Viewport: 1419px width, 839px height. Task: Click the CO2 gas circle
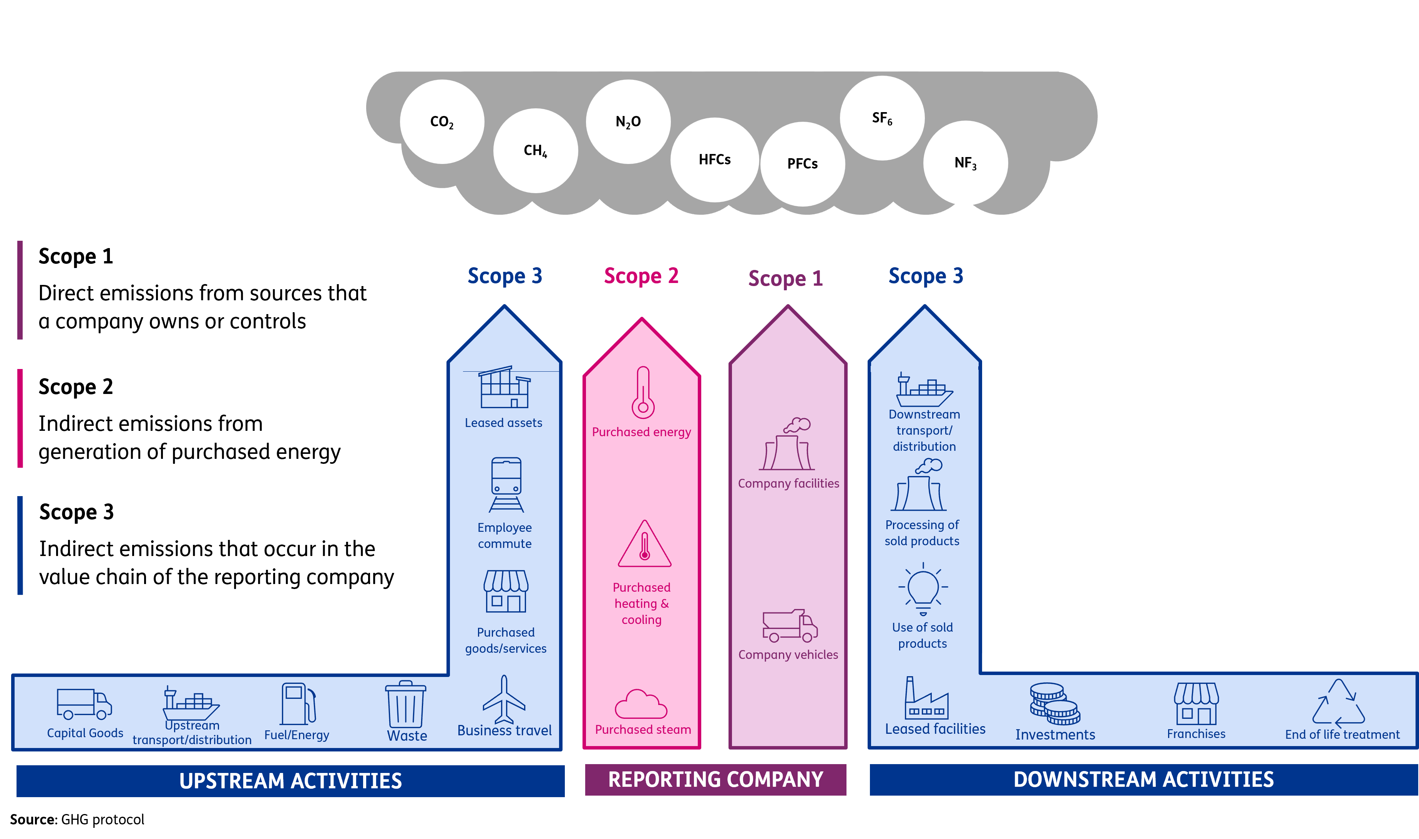tap(442, 122)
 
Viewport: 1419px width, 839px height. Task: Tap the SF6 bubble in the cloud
tap(882, 118)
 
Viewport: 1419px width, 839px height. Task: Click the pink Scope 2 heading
tap(641, 276)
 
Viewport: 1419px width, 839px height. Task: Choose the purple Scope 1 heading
tap(785, 278)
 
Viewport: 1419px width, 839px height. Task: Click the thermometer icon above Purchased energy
tap(643, 392)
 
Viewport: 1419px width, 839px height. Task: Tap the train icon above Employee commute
tap(506, 485)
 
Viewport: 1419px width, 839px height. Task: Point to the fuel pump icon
tap(298, 704)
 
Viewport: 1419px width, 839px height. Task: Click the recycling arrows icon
tap(1338, 704)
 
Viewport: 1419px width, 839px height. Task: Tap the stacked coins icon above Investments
tap(1054, 704)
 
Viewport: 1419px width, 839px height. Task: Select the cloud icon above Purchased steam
tap(641, 705)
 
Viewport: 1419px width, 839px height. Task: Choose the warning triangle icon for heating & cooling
tap(644, 546)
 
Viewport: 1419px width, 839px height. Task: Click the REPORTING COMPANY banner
tap(715, 779)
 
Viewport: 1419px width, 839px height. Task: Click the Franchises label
tap(1196, 734)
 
